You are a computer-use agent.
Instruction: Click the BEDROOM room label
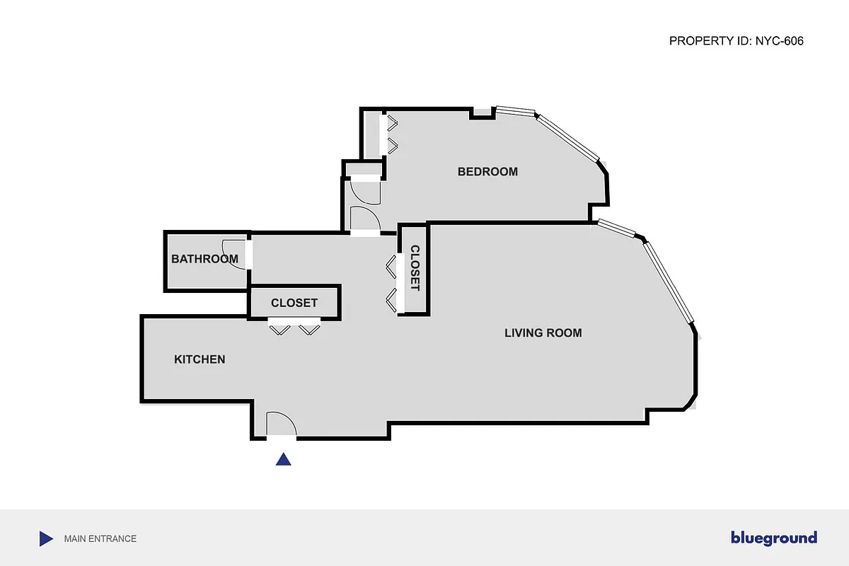[487, 171]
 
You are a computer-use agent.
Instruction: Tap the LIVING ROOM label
[543, 333]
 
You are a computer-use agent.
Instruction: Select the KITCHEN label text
[200, 359]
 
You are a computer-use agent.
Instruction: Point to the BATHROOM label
[204, 259]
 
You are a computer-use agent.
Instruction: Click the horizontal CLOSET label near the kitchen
[294, 303]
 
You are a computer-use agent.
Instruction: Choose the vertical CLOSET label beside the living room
[415, 268]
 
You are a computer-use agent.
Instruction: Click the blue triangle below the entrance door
[284, 459]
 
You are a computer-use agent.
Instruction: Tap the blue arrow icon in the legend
[46, 538]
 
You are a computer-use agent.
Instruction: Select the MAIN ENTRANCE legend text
[100, 538]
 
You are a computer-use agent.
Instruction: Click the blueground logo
[773, 538]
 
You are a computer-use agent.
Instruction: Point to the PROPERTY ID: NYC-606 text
[736, 41]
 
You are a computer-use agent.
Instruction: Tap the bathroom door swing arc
[232, 253]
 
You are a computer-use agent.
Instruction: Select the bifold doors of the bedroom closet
[391, 134]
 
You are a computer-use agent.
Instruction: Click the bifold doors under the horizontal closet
[294, 328]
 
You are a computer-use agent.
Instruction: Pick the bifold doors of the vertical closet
[391, 283]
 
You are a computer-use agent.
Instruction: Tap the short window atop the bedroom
[514, 111]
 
